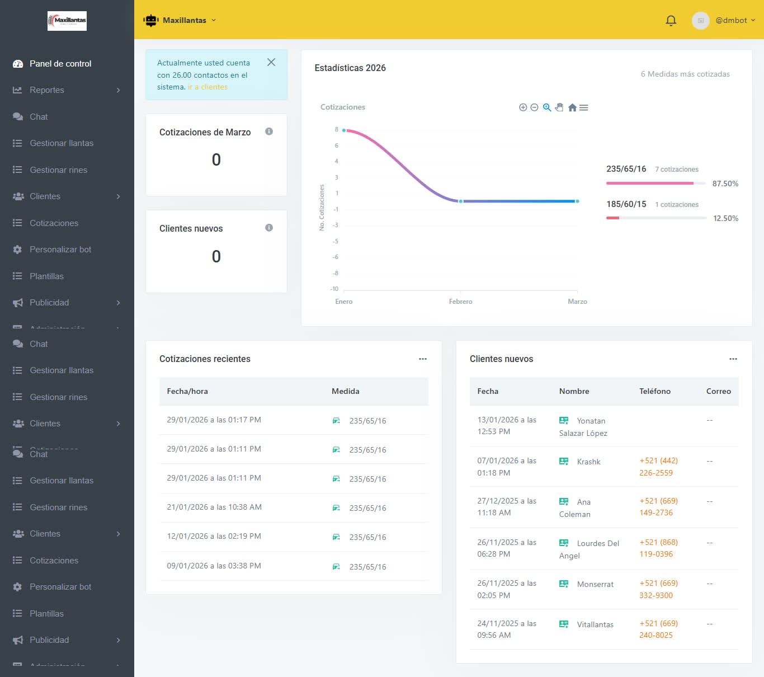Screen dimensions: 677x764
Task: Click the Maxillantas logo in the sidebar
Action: (x=67, y=21)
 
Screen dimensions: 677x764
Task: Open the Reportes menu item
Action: (x=47, y=90)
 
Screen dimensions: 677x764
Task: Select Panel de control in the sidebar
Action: (x=60, y=64)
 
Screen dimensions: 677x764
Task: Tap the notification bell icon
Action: (x=671, y=21)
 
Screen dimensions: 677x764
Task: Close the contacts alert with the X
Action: (x=271, y=62)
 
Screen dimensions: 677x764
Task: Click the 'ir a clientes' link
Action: (x=207, y=87)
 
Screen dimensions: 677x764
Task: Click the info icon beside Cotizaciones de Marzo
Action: (x=269, y=131)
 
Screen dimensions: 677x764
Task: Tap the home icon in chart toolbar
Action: (x=572, y=107)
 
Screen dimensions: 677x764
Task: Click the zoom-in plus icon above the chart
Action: (x=523, y=107)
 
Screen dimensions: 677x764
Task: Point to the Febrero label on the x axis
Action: (x=460, y=302)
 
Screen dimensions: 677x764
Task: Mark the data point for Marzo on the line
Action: (x=577, y=201)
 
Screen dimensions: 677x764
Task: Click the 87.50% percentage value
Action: (x=725, y=184)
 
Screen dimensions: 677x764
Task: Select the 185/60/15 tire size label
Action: (x=626, y=204)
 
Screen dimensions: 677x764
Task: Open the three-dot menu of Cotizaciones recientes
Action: (x=423, y=359)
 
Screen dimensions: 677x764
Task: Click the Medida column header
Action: (x=345, y=392)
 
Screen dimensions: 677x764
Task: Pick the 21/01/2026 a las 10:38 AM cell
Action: (x=214, y=507)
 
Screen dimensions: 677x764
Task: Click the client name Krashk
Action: (x=588, y=462)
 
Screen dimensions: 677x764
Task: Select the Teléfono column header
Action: (x=654, y=392)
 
